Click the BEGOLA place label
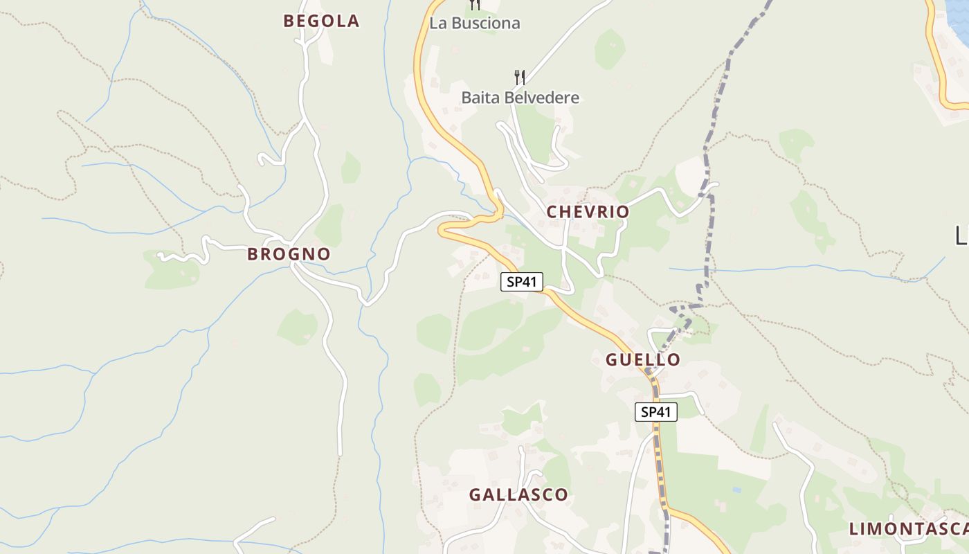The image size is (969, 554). coord(321,21)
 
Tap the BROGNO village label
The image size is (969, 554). coord(289,254)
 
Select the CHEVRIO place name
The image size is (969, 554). coord(588,212)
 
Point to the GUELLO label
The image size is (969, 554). coord(643,359)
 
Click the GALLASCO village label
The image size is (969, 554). coord(518,494)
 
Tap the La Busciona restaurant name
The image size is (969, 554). coord(475,23)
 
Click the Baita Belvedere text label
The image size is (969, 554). coord(520,98)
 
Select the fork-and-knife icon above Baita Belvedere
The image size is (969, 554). coord(520,77)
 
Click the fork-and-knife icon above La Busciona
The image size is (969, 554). coord(475,4)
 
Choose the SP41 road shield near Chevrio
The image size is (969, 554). coord(522,282)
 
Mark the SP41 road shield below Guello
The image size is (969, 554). coord(656,412)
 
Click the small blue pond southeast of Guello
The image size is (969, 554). coord(736,490)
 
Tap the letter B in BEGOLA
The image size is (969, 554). coord(289,21)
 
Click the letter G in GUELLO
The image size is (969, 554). coord(611,359)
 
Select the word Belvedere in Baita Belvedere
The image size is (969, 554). coord(542,98)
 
